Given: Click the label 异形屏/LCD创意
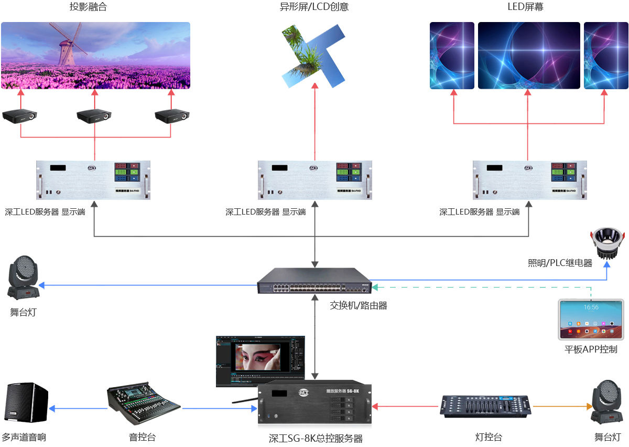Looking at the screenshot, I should [x=314, y=7].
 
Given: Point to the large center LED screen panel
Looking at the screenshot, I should [x=529, y=56].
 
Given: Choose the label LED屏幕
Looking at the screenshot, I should [x=529, y=7].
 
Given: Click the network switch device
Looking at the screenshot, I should [x=314, y=282].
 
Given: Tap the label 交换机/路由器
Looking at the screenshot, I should [x=359, y=305].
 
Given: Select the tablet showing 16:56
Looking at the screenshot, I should [x=591, y=319].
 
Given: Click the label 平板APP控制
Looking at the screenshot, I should [x=591, y=349].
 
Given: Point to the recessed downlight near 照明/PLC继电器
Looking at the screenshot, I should [x=608, y=242].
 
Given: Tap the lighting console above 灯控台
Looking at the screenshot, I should [x=485, y=405].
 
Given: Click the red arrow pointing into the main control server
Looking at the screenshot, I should [x=406, y=406].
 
